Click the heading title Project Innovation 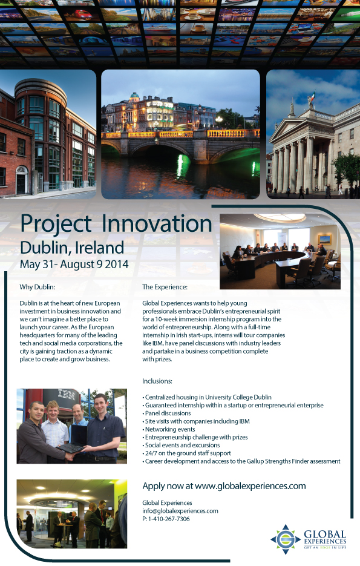pyautogui.click(x=116, y=224)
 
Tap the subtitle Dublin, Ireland pyautogui.click(x=72, y=248)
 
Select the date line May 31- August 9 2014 pyautogui.click(x=74, y=264)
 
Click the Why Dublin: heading pyautogui.click(x=37, y=288)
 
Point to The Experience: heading pyautogui.click(x=165, y=288)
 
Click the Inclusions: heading pyautogui.click(x=157, y=381)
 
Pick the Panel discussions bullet pyautogui.click(x=166, y=413)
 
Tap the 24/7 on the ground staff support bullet pyautogui.click(x=186, y=453)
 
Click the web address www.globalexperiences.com pyautogui.click(x=250, y=486)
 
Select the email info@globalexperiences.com pyautogui.click(x=180, y=511)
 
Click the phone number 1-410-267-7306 pyautogui.click(x=169, y=519)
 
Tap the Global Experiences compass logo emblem pyautogui.click(x=286, y=539)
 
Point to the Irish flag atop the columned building pyautogui.click(x=313, y=96)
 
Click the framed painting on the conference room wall pyautogui.click(x=325, y=239)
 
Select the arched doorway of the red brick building pyautogui.click(x=22, y=180)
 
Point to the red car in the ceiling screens pyautogui.click(x=83, y=15)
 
